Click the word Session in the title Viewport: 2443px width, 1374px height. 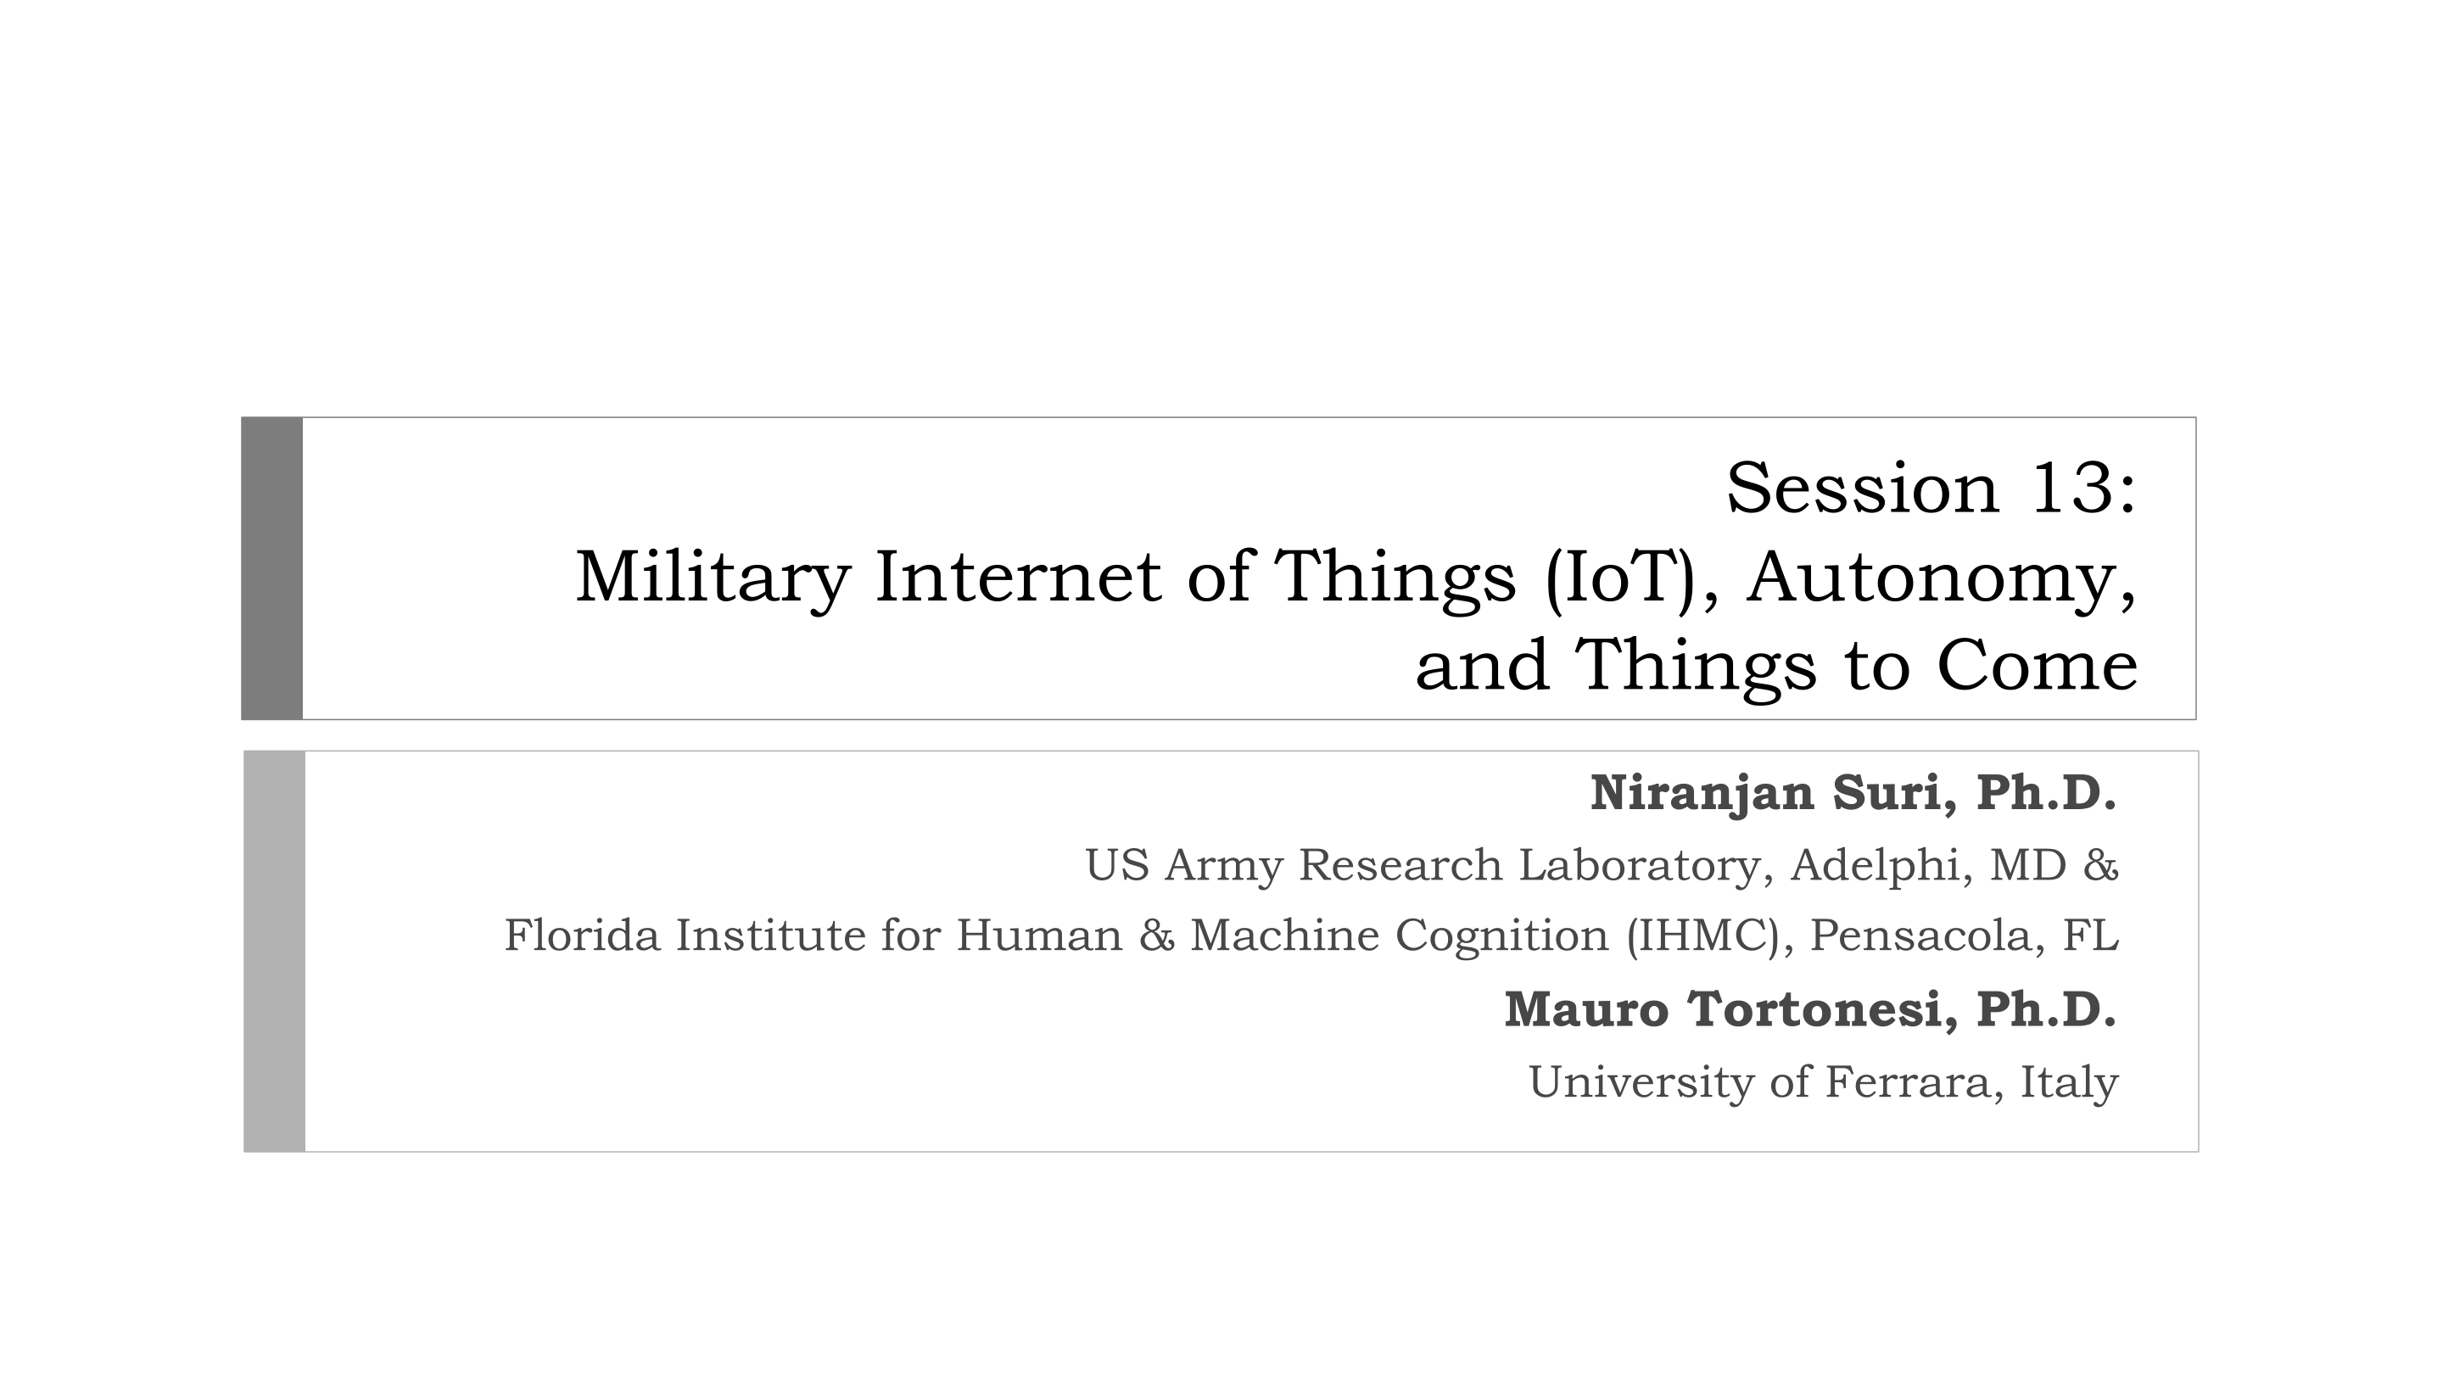click(1863, 489)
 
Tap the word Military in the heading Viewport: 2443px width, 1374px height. click(713, 578)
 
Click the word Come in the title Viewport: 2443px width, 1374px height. click(2037, 666)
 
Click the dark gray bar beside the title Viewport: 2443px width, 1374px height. click(272, 568)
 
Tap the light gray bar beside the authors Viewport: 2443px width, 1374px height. click(275, 951)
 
